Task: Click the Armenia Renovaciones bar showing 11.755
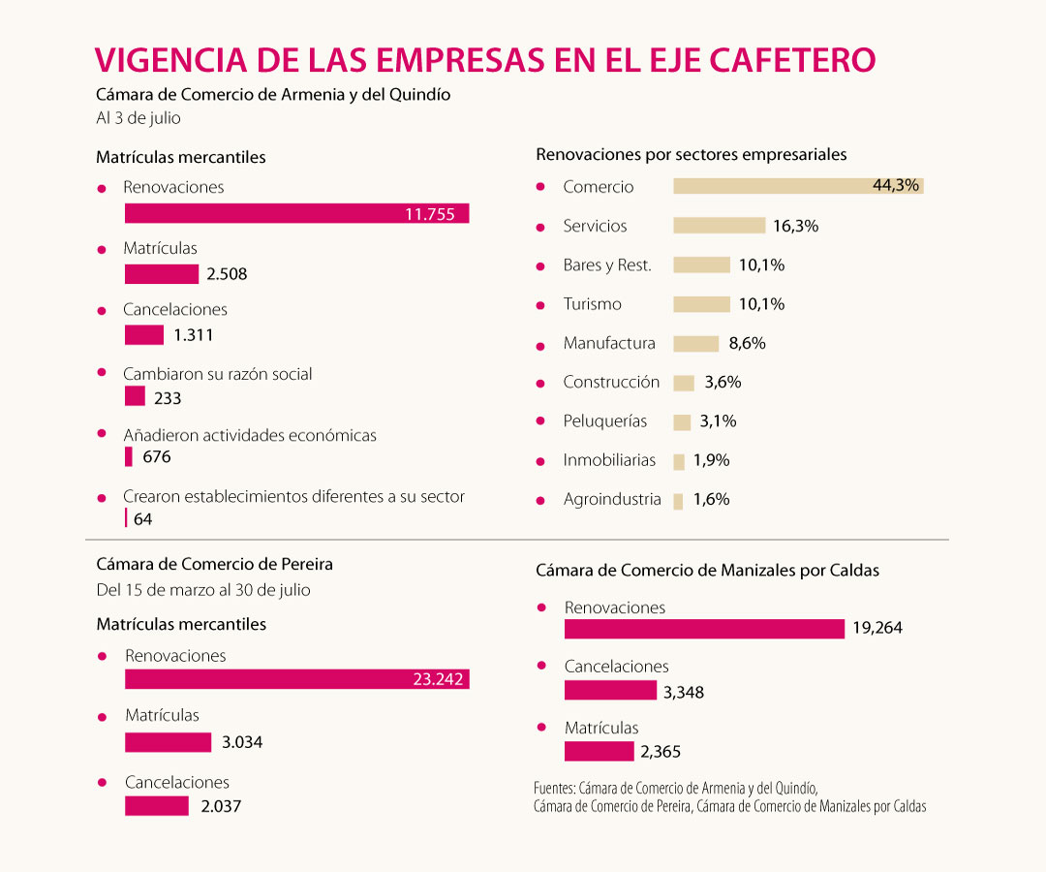(296, 214)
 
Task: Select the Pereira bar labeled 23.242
(296, 679)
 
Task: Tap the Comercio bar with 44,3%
(797, 186)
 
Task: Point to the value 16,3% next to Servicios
(796, 226)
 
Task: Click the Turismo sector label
(592, 304)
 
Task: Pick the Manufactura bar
(695, 343)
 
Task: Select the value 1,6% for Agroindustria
(711, 499)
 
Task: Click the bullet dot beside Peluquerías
(541, 422)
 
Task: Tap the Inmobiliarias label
(609, 460)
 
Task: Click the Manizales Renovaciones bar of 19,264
(704, 629)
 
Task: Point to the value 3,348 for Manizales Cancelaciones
(684, 692)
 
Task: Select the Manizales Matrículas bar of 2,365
(598, 751)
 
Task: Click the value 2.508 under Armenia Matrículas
(227, 274)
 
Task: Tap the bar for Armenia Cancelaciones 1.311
(144, 335)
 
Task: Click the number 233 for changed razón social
(168, 397)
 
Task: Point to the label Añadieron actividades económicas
(250, 435)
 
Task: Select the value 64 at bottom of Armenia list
(143, 519)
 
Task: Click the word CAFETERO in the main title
(792, 59)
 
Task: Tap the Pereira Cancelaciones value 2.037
(221, 806)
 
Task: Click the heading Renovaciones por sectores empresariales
(692, 154)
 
